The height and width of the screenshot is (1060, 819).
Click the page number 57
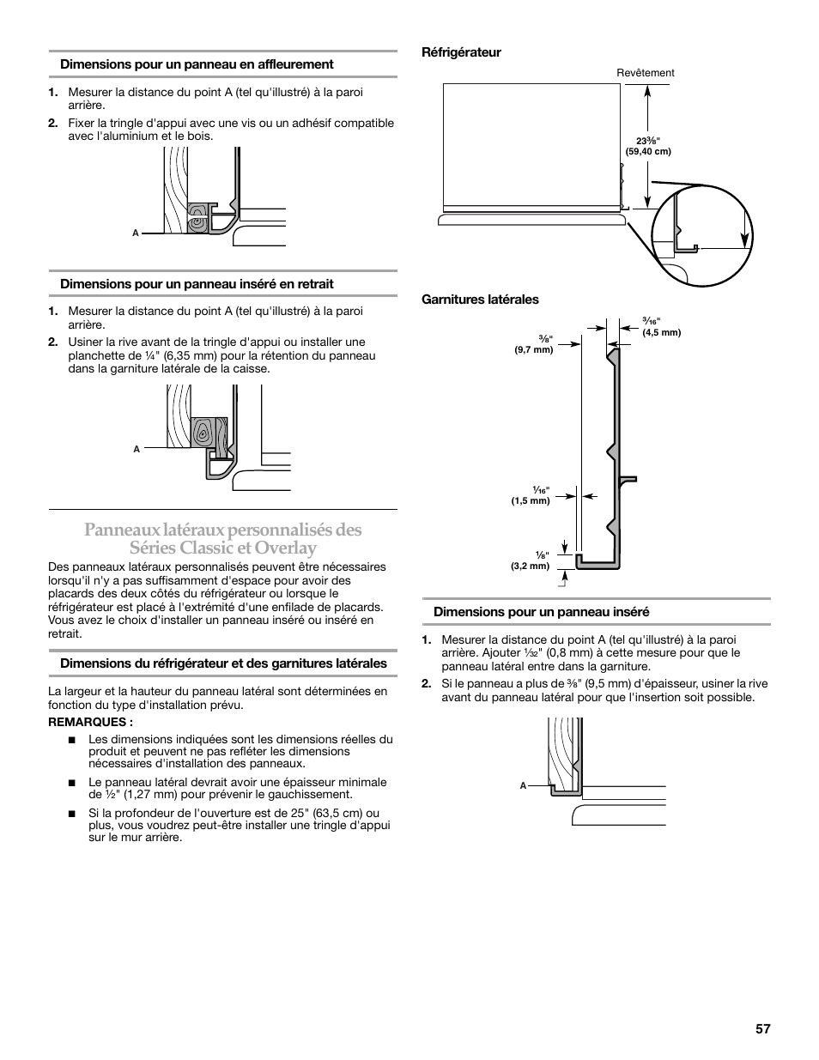[x=763, y=1028]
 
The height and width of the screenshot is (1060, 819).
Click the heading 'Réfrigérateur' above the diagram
[x=460, y=52]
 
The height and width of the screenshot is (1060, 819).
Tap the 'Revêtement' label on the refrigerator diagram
[x=646, y=73]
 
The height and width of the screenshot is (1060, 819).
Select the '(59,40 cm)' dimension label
[x=648, y=152]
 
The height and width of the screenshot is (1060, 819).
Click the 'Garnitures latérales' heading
[x=480, y=300]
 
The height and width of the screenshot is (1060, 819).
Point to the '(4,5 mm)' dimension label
[x=661, y=333]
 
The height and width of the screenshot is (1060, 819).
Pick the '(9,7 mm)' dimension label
[x=533, y=349]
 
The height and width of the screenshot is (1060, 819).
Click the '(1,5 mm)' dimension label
[x=530, y=500]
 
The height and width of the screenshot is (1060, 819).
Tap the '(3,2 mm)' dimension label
[x=530, y=566]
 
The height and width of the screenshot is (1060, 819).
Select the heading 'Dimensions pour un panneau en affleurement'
[x=197, y=64]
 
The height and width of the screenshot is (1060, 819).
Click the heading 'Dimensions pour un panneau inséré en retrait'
[x=197, y=284]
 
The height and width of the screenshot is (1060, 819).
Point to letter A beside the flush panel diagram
[x=136, y=233]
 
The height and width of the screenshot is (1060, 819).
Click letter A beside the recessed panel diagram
[x=136, y=449]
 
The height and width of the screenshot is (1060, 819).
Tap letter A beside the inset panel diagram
[x=523, y=785]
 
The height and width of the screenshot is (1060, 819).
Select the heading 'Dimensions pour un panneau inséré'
[x=541, y=612]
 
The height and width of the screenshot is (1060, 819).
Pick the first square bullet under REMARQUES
[x=72, y=739]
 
